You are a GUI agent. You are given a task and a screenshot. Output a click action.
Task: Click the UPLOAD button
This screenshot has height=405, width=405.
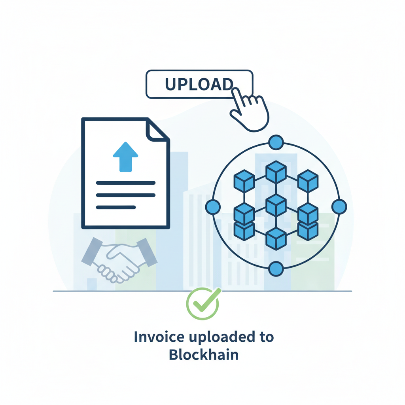click(x=199, y=84)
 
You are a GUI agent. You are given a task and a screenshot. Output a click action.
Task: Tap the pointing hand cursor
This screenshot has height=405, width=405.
click(x=249, y=111)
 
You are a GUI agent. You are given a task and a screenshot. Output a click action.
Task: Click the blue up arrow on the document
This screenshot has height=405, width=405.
click(x=125, y=157)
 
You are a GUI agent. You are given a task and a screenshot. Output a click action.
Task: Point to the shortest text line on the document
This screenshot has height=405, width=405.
click(x=116, y=207)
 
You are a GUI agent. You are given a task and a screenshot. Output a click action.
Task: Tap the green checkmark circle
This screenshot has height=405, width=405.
click(x=202, y=303)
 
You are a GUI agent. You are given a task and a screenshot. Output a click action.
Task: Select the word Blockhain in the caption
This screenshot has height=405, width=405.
click(x=203, y=355)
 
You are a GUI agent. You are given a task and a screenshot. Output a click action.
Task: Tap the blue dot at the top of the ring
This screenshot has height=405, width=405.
click(x=276, y=142)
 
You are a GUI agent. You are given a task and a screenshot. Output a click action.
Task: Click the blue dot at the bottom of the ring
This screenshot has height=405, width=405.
click(x=276, y=269)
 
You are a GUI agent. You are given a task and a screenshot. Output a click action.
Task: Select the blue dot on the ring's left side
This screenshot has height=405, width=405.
click(x=213, y=206)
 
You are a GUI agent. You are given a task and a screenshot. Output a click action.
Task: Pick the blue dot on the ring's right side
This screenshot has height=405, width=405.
click(x=339, y=206)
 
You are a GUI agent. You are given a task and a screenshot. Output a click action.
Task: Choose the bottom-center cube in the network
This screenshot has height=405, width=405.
click(x=276, y=238)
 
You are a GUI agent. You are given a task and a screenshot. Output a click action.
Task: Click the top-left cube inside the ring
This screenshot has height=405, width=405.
click(x=244, y=181)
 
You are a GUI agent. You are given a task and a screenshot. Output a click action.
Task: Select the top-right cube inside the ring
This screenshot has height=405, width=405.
click(x=308, y=181)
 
